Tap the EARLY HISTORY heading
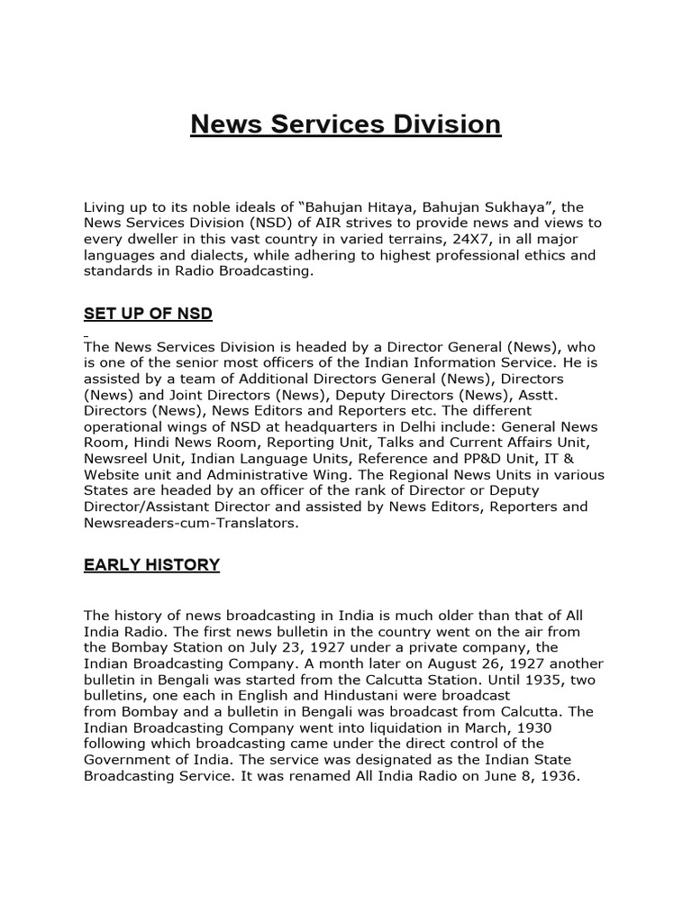pos(151,565)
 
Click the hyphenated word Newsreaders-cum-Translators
pos(189,523)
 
